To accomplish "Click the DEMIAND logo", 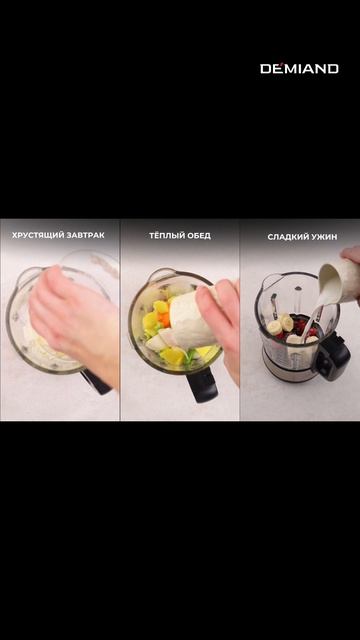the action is (x=299, y=69).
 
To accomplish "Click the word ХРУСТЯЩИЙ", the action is (x=37, y=235).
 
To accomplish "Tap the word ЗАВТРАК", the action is (x=85, y=235).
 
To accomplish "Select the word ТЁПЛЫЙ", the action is (x=164, y=236).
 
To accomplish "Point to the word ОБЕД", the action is (x=197, y=236).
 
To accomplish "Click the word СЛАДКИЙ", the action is (x=286, y=237).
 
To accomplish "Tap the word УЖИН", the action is (x=323, y=237).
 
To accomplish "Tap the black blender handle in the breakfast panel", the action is (x=95, y=382).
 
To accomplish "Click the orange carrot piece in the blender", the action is (x=164, y=319).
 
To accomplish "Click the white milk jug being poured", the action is (x=338, y=282).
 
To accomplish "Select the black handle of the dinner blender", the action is (x=334, y=353).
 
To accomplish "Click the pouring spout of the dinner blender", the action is (x=265, y=282).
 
